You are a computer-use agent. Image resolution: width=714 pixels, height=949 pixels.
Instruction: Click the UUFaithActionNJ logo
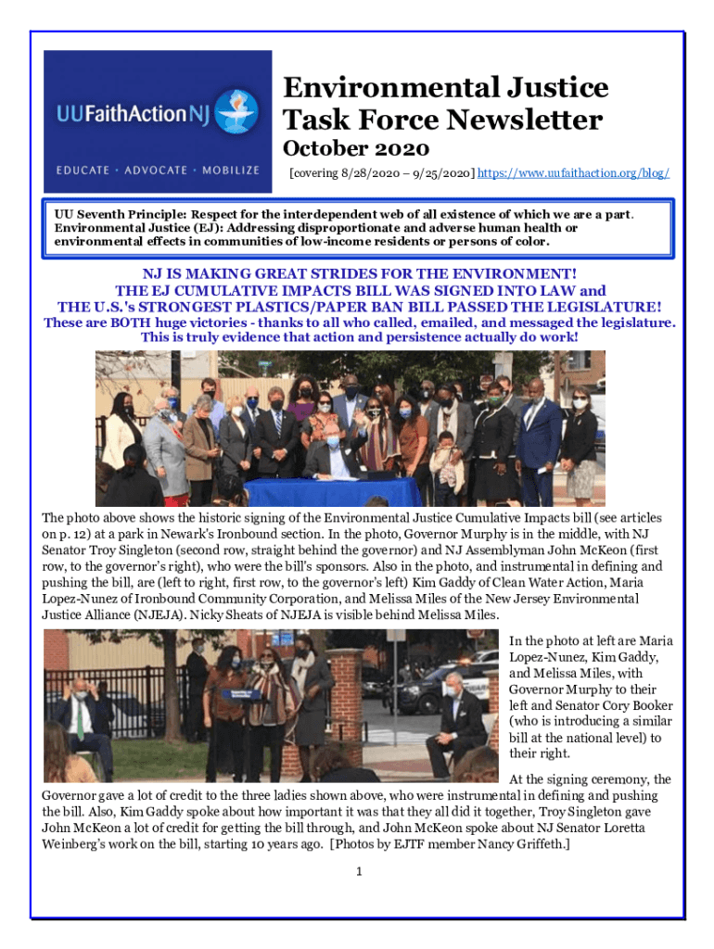point(158,116)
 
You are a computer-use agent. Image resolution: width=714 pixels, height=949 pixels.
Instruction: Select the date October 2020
point(355,148)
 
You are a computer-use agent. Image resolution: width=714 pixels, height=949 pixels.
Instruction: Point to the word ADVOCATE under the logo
point(152,171)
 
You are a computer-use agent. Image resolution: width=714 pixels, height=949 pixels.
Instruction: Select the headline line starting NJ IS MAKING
point(359,274)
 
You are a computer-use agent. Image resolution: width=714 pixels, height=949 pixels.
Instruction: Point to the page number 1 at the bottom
point(358,870)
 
